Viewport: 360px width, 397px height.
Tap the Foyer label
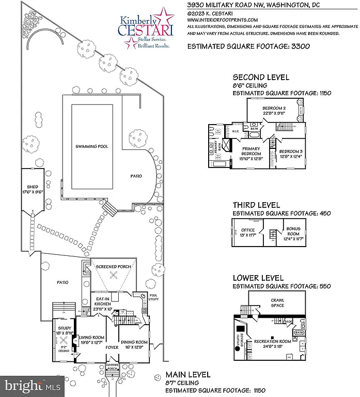tap(112, 347)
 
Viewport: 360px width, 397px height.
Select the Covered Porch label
tap(113, 371)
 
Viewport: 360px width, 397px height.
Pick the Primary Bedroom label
tap(252, 154)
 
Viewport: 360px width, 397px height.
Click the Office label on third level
tap(248, 232)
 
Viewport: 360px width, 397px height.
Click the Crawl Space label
tap(278, 302)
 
